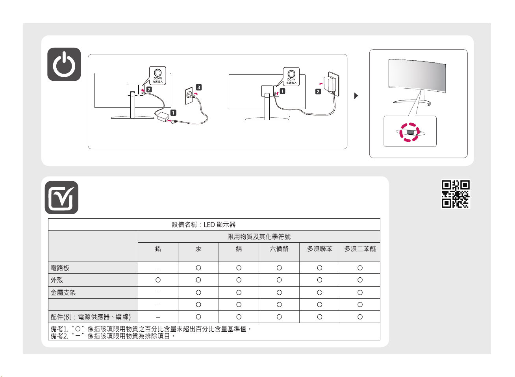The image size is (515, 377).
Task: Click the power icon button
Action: (x=64, y=65)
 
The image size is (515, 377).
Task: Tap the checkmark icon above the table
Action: (x=61, y=198)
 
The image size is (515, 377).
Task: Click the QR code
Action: (x=456, y=194)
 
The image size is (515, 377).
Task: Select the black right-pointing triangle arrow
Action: (x=356, y=96)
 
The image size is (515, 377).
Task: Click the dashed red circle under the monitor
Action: (x=409, y=132)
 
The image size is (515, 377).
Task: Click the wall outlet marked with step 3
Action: (x=189, y=95)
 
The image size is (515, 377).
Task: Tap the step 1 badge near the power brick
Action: (x=173, y=113)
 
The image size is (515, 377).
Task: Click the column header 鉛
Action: (x=158, y=249)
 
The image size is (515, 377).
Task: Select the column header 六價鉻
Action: (x=279, y=249)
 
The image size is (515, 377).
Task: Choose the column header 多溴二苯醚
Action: (x=360, y=249)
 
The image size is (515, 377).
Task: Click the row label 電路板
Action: (x=60, y=268)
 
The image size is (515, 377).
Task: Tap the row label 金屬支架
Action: (x=63, y=293)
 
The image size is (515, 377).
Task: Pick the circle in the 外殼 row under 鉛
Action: (x=158, y=280)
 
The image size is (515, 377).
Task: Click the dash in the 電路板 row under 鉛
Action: (x=158, y=268)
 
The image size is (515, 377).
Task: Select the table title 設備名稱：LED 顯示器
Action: (x=204, y=225)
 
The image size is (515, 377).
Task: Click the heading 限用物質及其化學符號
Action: (x=259, y=237)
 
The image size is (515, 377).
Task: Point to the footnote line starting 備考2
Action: (x=113, y=336)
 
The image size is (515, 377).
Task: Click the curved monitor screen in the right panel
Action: (x=417, y=77)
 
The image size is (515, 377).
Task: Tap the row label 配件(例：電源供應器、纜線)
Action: (x=91, y=317)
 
